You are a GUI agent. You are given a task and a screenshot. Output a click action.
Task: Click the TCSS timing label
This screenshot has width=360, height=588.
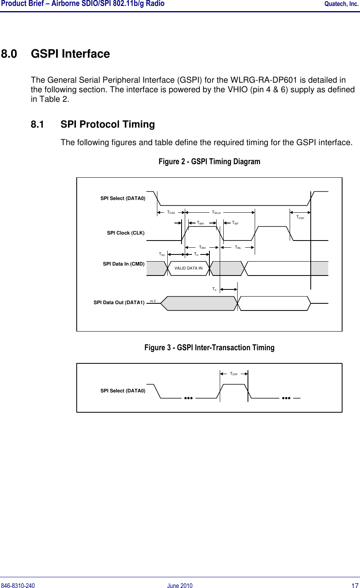[171, 213]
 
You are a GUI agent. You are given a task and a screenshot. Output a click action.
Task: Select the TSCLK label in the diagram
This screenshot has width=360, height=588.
[216, 213]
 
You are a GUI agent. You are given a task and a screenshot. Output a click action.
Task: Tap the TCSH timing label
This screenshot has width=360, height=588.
[300, 217]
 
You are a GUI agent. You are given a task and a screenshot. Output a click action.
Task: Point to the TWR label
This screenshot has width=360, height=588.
[200, 223]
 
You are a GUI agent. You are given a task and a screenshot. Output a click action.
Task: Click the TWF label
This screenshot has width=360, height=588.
[235, 223]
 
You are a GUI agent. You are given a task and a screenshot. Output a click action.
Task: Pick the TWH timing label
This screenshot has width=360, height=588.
[202, 247]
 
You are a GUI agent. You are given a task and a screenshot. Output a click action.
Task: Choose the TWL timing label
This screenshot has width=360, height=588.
[238, 247]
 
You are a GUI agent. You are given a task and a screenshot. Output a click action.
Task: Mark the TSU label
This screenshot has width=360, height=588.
[162, 254]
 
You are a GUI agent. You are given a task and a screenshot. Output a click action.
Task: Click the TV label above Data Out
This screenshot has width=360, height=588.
[214, 289]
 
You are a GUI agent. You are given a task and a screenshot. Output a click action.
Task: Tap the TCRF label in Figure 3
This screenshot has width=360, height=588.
[234, 374]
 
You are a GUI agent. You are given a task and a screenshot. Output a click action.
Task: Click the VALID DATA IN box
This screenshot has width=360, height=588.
[188, 268]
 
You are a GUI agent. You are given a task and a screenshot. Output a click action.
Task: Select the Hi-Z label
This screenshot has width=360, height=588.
[153, 301]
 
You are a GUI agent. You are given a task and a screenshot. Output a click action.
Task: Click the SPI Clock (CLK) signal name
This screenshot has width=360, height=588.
[126, 233]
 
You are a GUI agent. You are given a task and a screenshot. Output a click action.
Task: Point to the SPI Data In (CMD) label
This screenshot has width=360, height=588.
[124, 264]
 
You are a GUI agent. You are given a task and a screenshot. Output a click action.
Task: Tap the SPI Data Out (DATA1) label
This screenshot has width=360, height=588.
[119, 303]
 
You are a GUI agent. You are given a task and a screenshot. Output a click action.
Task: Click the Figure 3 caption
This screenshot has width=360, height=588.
[209, 347]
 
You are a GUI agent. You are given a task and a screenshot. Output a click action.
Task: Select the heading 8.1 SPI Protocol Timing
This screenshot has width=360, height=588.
[93, 124]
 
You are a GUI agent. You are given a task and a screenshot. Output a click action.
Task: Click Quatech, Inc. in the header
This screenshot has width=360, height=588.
[341, 4]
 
